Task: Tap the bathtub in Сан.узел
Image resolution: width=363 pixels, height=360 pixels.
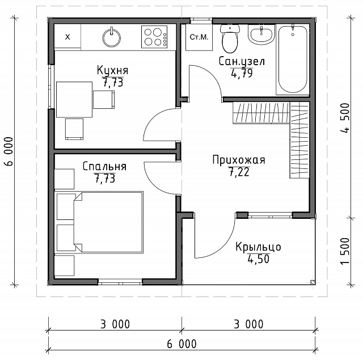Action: click(x=293, y=60)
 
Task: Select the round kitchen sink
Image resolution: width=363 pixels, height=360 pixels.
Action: click(x=112, y=37)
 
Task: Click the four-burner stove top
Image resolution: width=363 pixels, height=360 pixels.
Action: click(x=154, y=37)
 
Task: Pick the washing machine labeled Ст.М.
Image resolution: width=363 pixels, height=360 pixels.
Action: click(x=199, y=37)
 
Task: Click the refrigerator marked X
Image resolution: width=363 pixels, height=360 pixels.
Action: click(x=67, y=36)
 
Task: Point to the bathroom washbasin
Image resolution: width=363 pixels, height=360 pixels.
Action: click(x=261, y=35)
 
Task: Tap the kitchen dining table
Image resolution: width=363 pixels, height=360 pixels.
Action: click(x=74, y=99)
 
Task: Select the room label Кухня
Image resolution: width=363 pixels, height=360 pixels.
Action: click(x=112, y=70)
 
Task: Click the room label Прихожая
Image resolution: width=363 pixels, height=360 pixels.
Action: click(x=239, y=160)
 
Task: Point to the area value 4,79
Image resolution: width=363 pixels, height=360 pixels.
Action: click(x=242, y=74)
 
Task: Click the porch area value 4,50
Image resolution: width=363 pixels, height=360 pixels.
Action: click(x=259, y=259)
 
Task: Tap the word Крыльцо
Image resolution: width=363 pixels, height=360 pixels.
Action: click(x=259, y=247)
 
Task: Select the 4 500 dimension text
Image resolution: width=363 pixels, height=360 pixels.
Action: click(x=345, y=118)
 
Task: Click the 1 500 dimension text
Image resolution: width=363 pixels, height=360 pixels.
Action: click(x=345, y=251)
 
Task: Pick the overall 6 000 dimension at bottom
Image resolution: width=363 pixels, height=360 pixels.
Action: click(x=181, y=344)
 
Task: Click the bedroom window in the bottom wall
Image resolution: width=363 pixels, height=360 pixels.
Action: click(x=120, y=282)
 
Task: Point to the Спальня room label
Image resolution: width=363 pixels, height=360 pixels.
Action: click(x=104, y=167)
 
